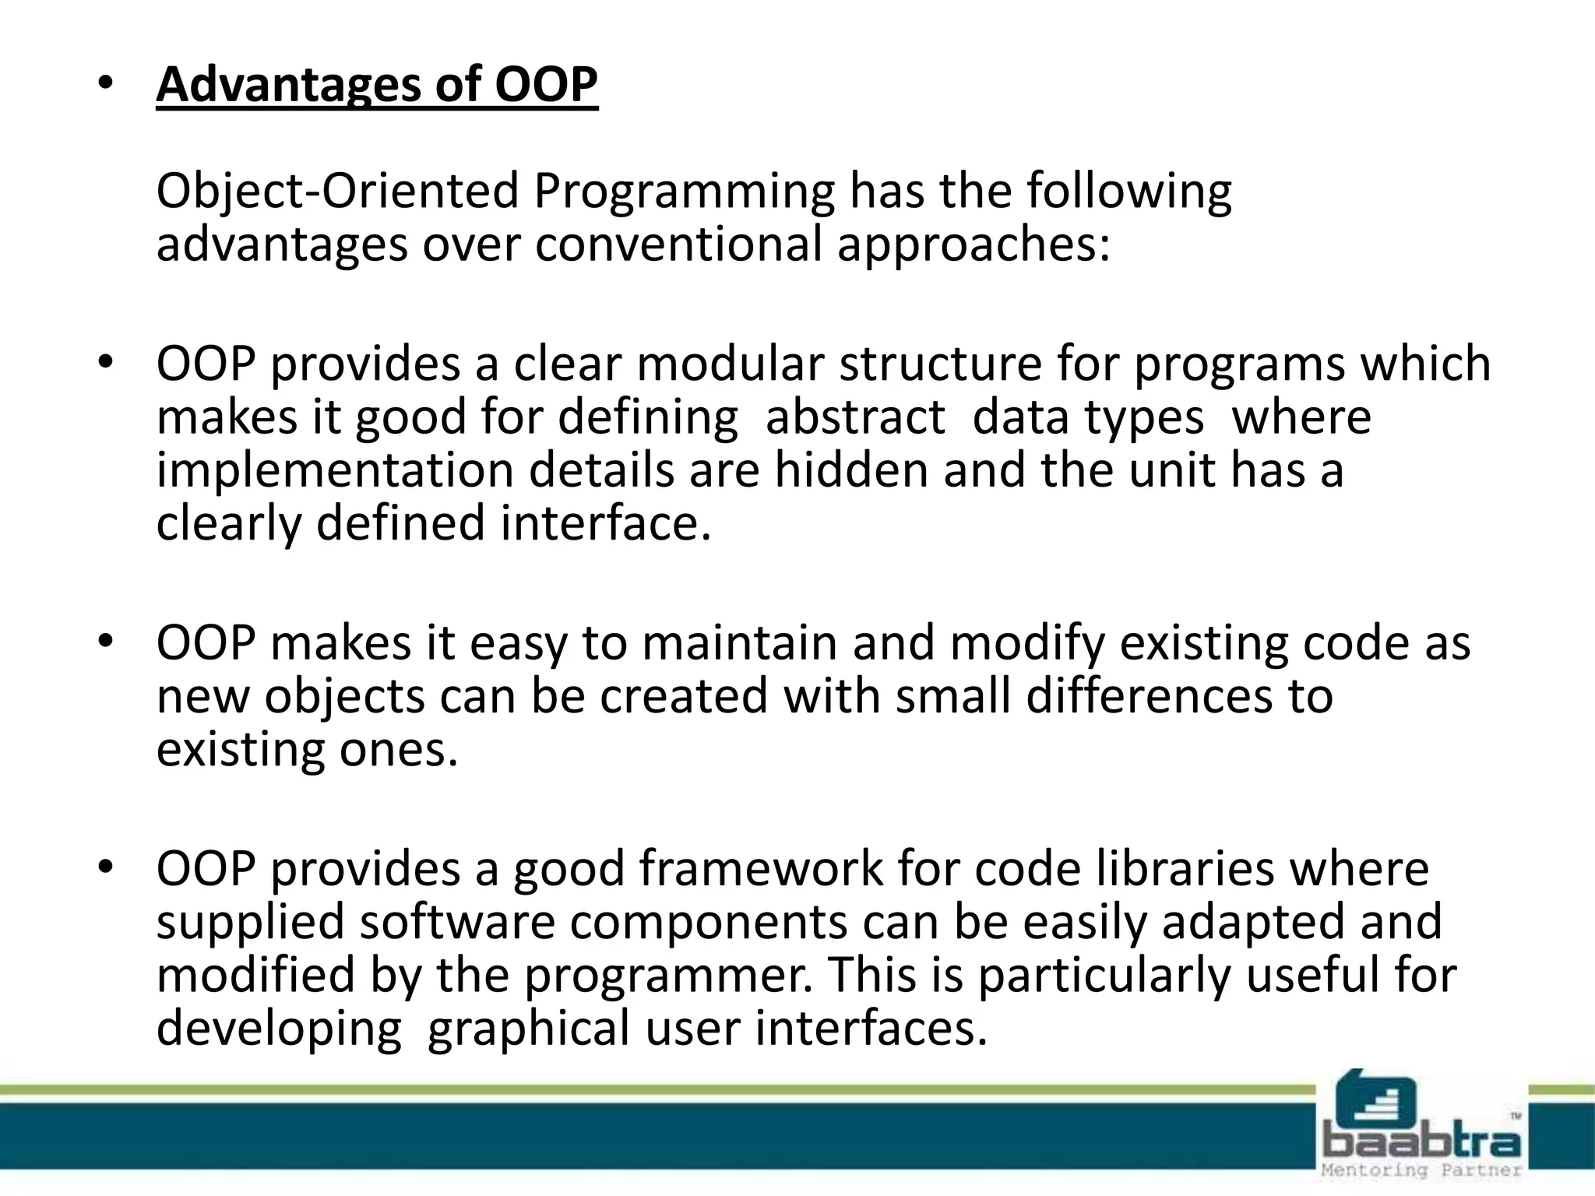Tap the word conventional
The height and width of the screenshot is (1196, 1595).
tap(678, 244)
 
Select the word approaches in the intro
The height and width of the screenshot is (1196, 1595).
tap(972, 244)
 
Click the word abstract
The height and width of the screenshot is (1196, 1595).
tap(854, 417)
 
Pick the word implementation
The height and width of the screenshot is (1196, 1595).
tap(335, 471)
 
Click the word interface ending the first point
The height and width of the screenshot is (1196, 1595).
tap(605, 523)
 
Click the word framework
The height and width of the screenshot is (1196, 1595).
tap(761, 870)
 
